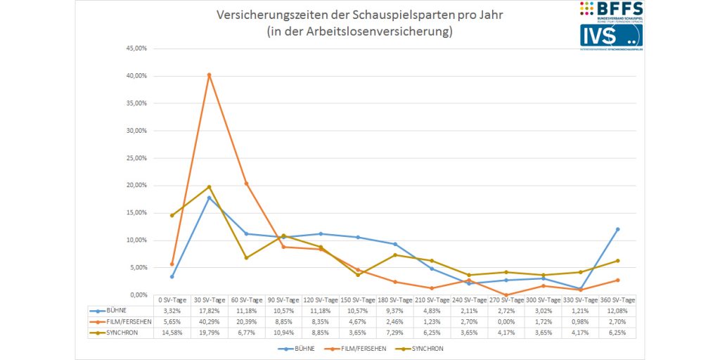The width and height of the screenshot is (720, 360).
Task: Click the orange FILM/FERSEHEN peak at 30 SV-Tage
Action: click(x=209, y=75)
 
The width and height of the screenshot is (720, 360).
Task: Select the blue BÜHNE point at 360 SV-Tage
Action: click(x=617, y=229)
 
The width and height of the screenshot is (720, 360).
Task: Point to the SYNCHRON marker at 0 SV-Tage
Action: click(x=172, y=215)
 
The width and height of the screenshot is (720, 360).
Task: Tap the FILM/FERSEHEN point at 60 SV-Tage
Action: click(x=246, y=184)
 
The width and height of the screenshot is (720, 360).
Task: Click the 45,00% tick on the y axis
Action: click(x=136, y=49)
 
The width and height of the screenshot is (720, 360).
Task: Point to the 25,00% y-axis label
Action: click(x=136, y=158)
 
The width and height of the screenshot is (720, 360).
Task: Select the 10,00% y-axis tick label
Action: click(x=136, y=240)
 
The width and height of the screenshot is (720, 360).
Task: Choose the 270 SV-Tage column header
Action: click(x=506, y=300)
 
